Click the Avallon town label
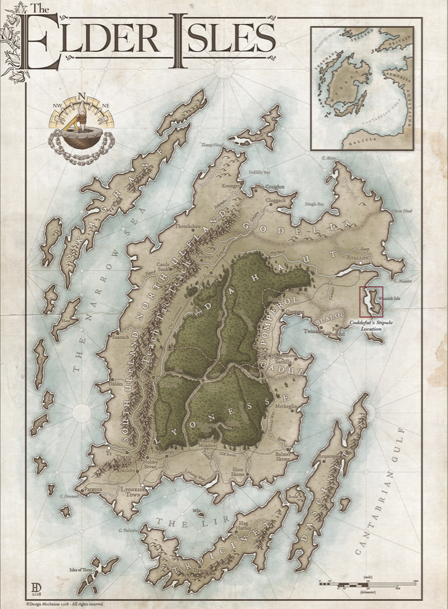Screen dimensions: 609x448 [x=358, y=258]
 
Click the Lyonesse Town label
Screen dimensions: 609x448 [x=140, y=492]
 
